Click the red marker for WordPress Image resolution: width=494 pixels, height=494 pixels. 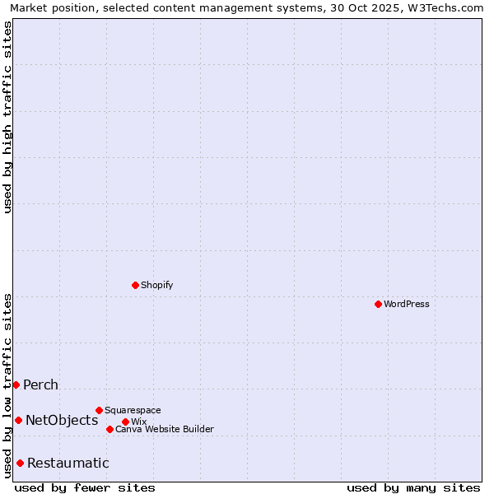[x=378, y=304]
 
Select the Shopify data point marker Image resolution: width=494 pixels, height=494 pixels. [x=135, y=285]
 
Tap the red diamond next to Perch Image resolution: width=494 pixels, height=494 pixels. [x=16, y=384]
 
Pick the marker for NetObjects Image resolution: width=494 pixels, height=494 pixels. [x=18, y=420]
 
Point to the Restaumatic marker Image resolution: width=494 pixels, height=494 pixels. [x=20, y=463]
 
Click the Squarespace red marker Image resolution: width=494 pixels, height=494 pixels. [x=99, y=410]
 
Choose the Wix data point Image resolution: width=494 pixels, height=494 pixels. [x=125, y=422]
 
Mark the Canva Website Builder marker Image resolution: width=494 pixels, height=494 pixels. [x=110, y=429]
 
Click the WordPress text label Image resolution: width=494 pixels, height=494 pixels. [x=407, y=304]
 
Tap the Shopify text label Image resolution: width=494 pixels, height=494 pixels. [x=157, y=285]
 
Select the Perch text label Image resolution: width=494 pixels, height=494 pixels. [x=40, y=384]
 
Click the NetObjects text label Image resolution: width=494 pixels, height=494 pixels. [x=62, y=420]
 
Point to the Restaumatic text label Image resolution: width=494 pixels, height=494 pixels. [x=68, y=463]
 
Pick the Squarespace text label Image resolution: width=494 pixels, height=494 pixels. [x=133, y=410]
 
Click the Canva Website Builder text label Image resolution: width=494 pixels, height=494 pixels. [x=165, y=429]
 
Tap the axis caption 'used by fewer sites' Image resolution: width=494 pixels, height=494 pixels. [x=85, y=487]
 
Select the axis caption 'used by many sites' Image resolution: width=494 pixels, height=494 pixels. [x=413, y=487]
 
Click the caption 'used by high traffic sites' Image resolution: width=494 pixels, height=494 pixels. [x=7, y=118]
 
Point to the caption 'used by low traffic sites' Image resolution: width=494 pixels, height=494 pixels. [x=7, y=385]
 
